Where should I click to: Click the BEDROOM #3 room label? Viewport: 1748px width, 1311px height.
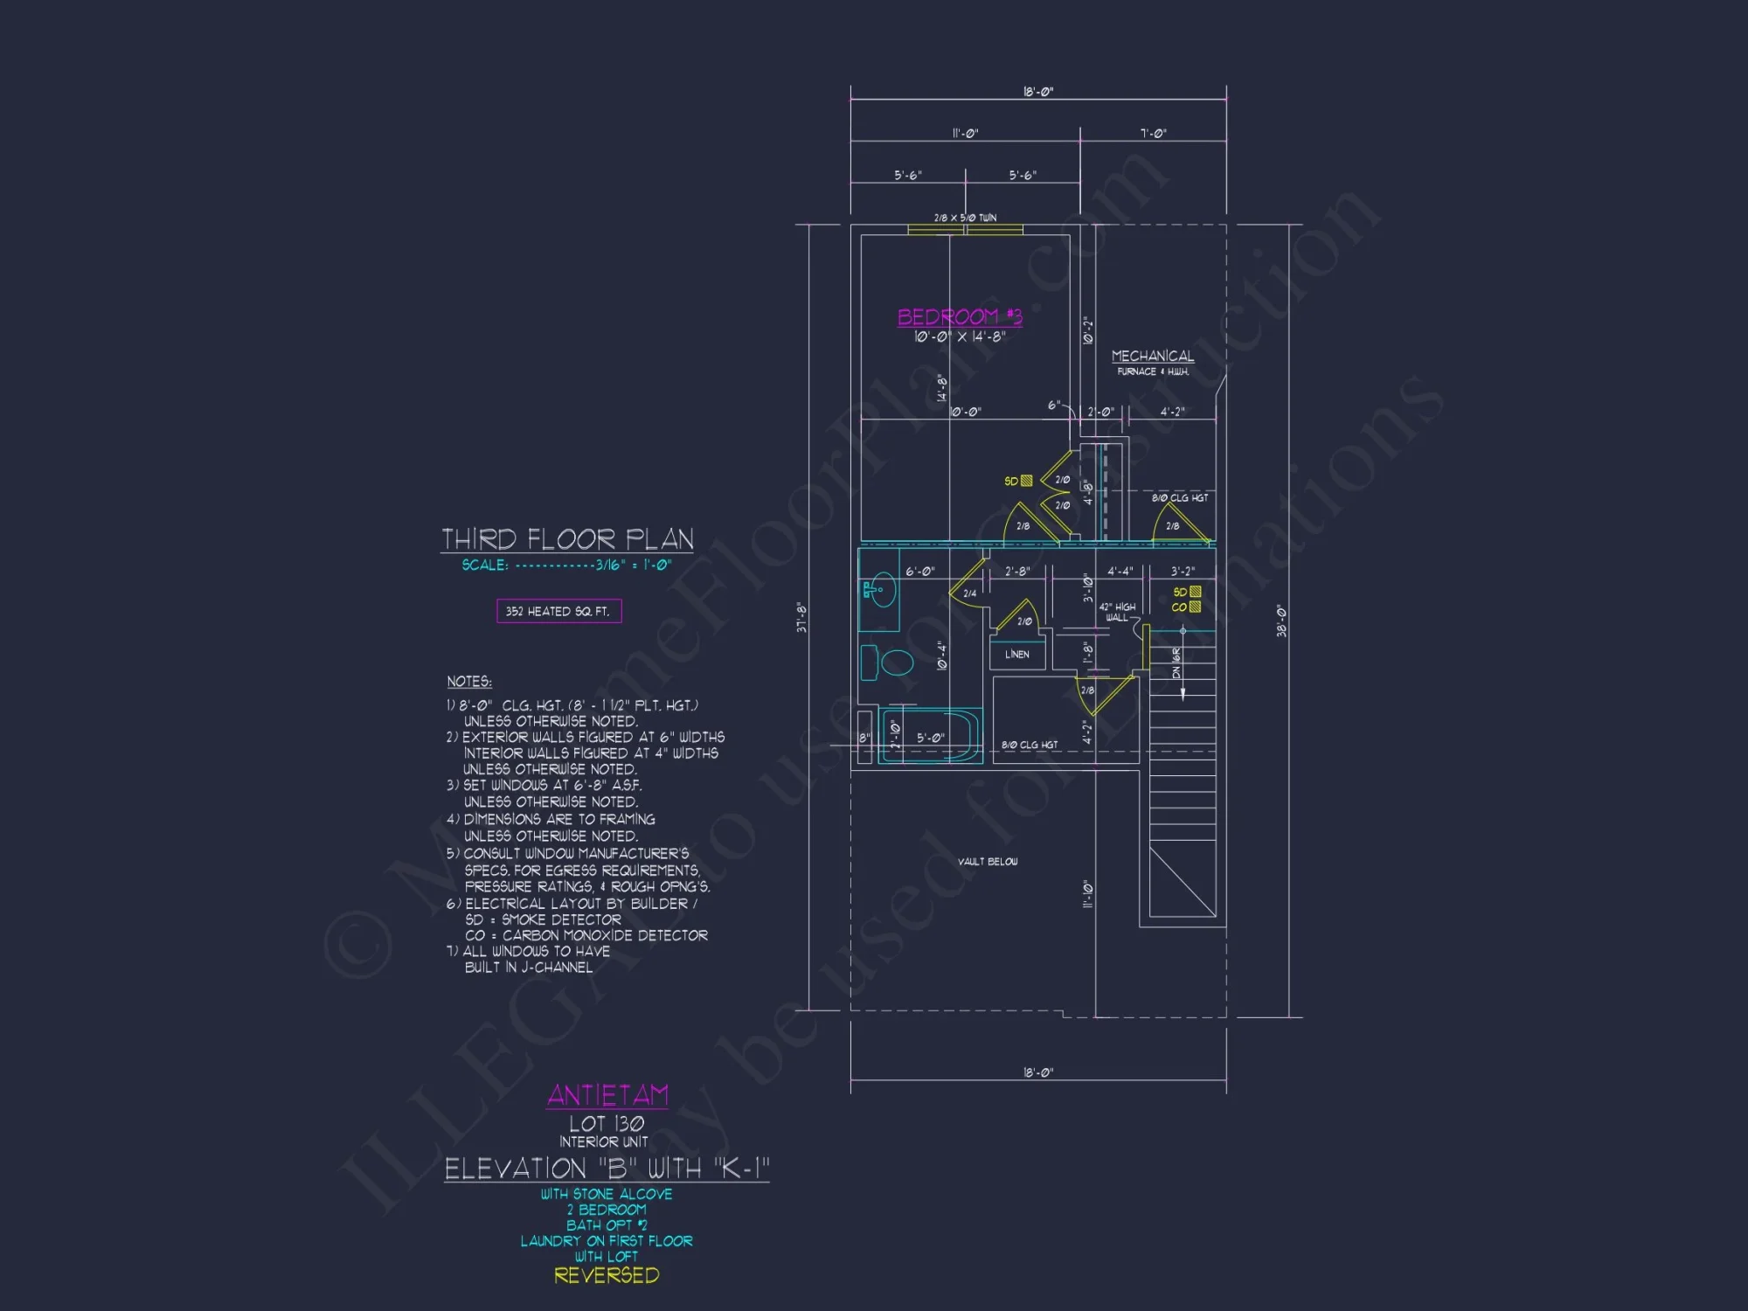[x=959, y=316]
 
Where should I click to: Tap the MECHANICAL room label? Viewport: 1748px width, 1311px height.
[x=1152, y=357]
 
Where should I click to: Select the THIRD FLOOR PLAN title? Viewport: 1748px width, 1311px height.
[x=567, y=539]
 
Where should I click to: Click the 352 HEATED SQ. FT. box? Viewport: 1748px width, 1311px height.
[x=558, y=611]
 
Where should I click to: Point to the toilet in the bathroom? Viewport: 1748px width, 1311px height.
[x=888, y=662]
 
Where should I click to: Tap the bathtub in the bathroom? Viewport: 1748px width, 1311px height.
[x=931, y=738]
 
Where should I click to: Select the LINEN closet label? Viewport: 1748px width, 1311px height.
[x=1016, y=655]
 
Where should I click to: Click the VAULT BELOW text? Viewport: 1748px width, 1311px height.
[x=987, y=862]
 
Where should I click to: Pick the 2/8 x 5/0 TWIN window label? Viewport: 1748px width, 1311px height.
[x=965, y=218]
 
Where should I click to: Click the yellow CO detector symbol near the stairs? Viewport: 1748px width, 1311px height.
[x=1195, y=607]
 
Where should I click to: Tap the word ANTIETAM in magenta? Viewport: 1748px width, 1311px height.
[x=607, y=1095]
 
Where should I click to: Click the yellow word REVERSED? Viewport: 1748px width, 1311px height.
[x=607, y=1275]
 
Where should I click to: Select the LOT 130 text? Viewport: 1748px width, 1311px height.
[x=607, y=1124]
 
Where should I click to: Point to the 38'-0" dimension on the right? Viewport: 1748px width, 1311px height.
[x=1281, y=621]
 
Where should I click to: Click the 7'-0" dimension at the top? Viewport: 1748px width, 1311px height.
[x=1153, y=134]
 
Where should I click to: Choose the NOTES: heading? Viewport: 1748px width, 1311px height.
[x=469, y=682]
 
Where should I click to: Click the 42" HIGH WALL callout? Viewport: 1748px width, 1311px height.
[x=1117, y=612]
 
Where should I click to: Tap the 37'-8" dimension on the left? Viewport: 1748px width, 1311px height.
[x=801, y=617]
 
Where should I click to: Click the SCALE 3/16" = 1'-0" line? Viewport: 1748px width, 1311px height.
[x=566, y=565]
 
